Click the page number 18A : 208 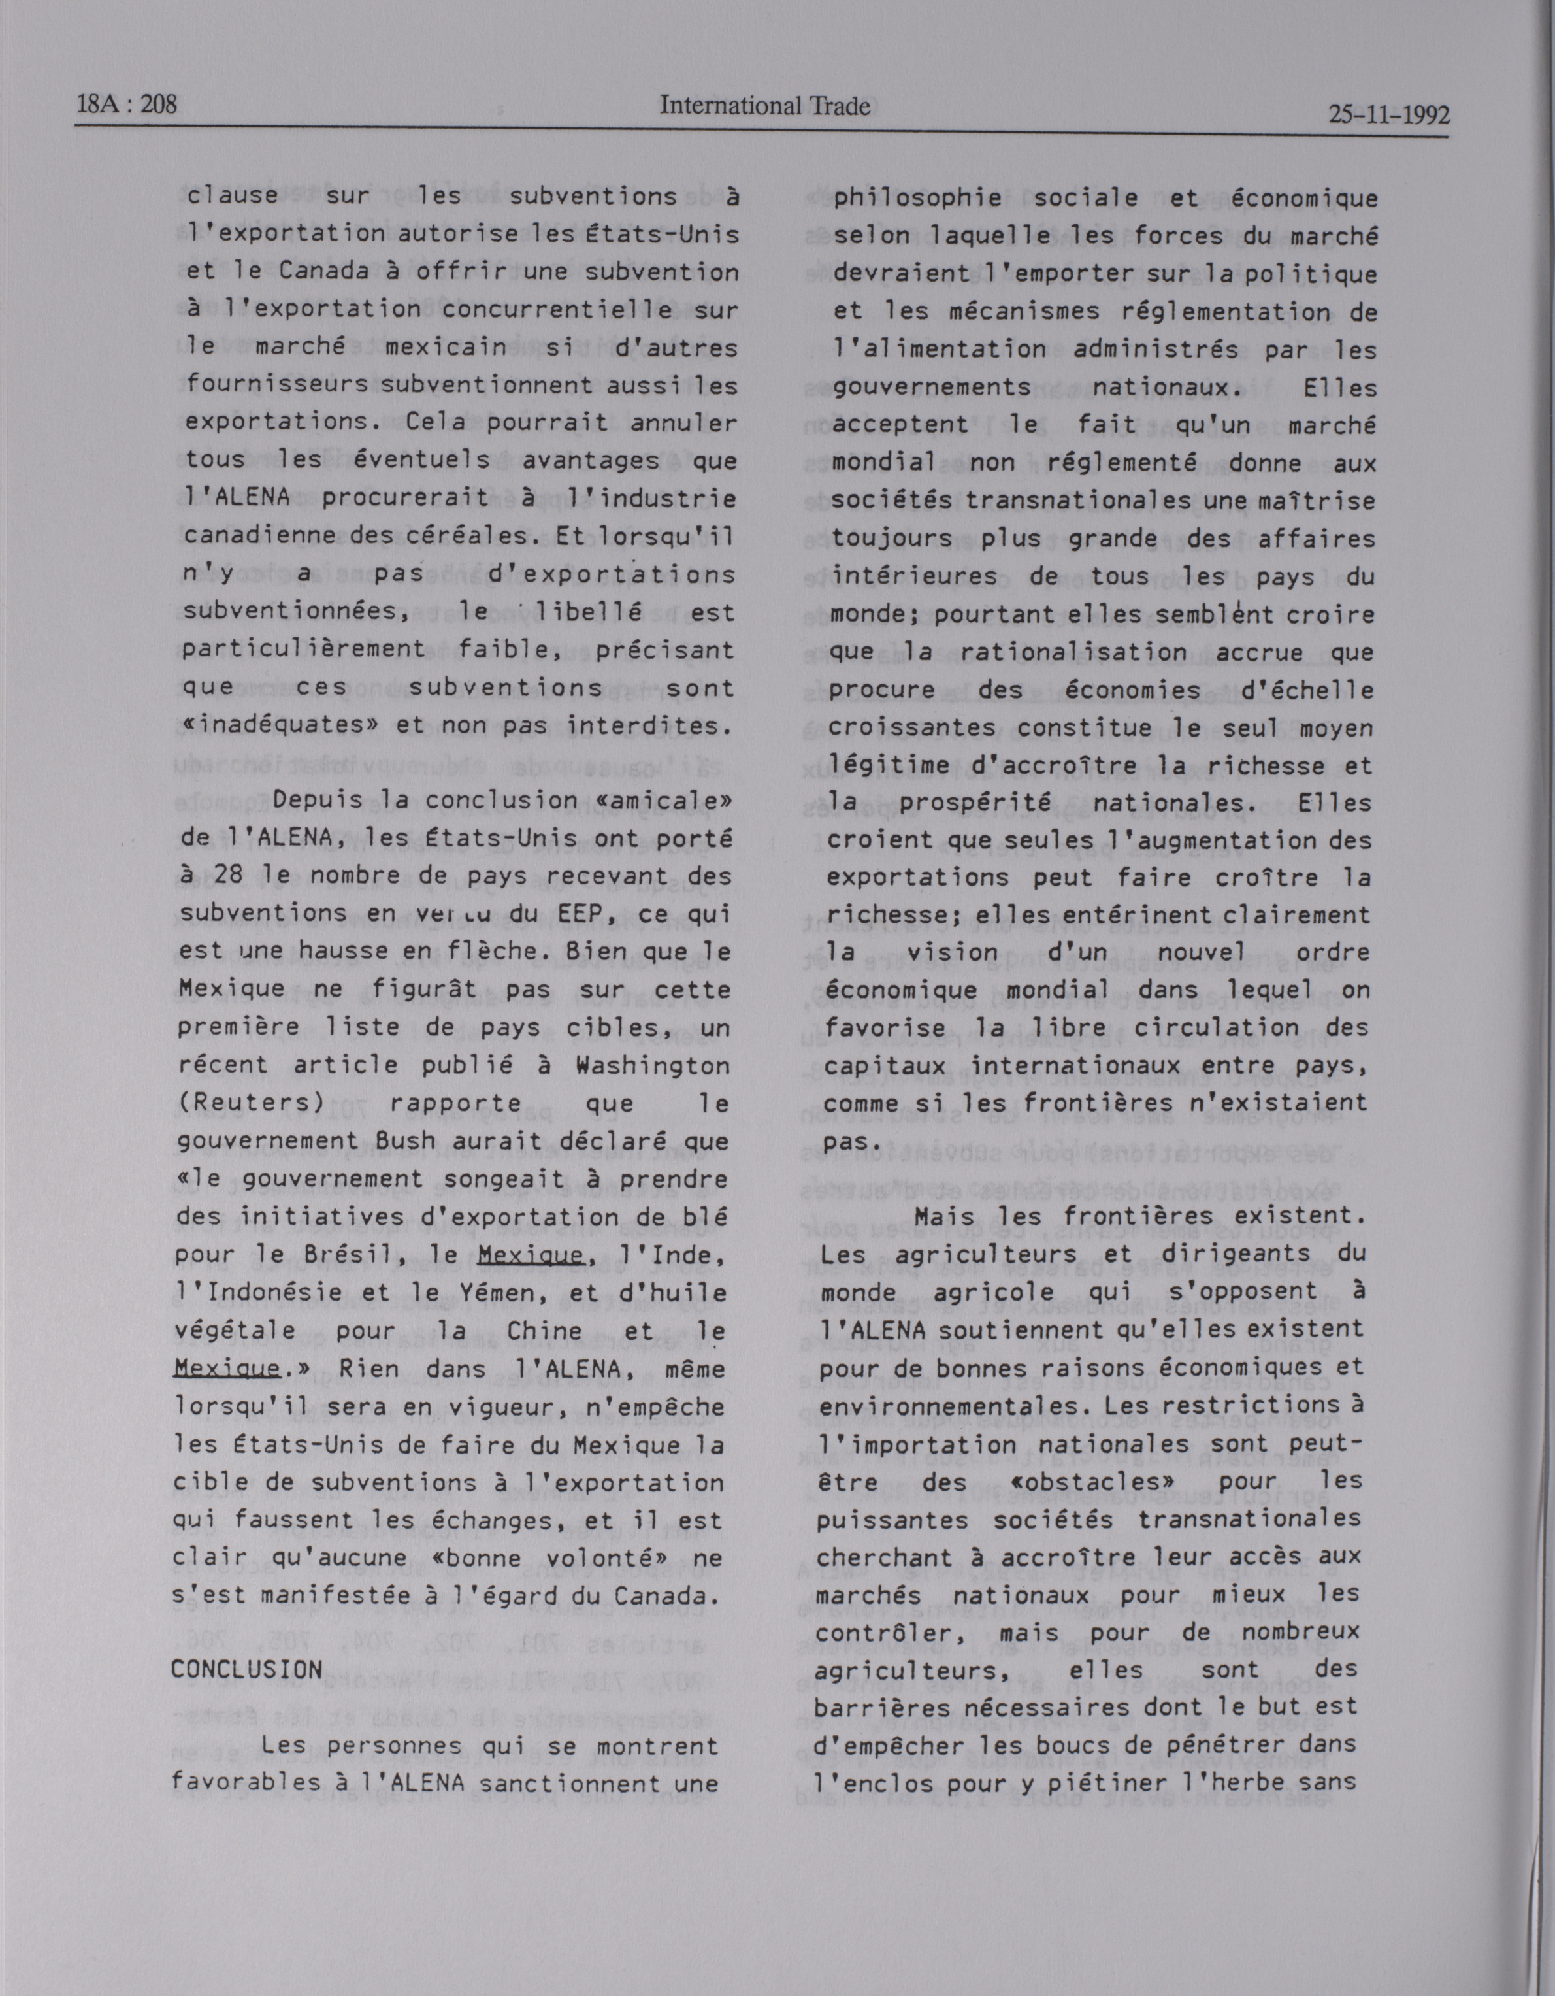point(127,105)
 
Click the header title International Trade point(764,106)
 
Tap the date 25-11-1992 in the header point(1388,115)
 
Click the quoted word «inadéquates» point(277,725)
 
